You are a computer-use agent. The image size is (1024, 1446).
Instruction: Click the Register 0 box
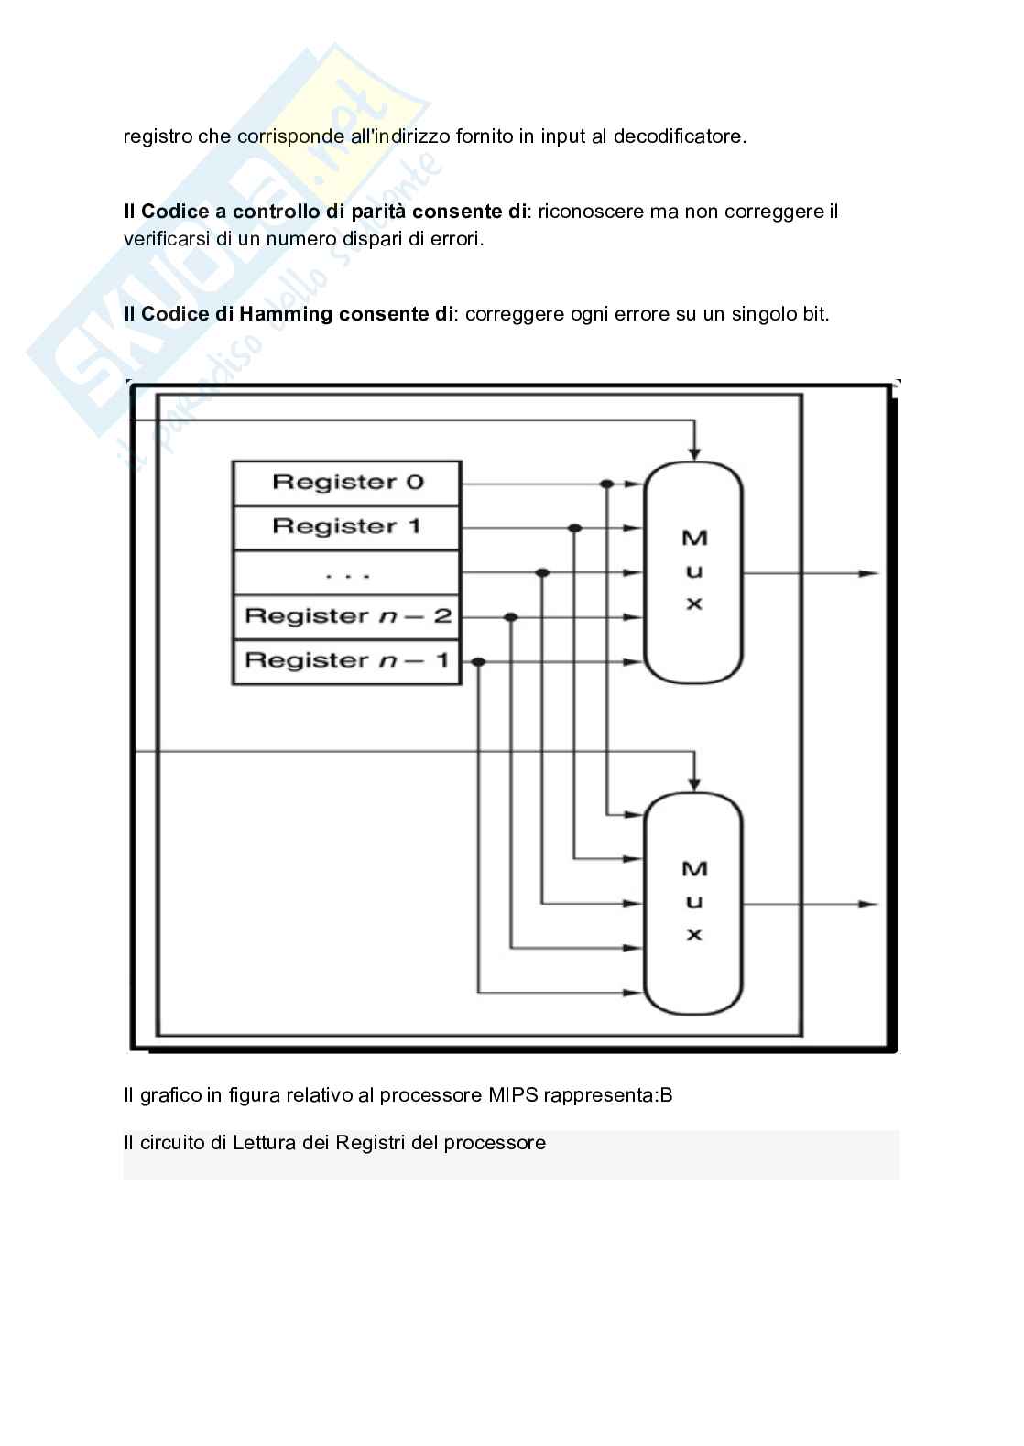click(346, 483)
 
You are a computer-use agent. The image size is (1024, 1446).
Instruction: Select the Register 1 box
click(346, 527)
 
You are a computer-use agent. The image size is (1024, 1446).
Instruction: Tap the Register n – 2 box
click(346, 616)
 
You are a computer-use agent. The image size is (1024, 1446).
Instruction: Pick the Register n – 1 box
click(346, 660)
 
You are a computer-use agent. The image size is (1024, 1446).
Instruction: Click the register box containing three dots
click(346, 572)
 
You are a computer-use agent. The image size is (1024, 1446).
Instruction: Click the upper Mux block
click(693, 571)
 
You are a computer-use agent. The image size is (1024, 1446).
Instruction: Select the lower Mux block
click(693, 902)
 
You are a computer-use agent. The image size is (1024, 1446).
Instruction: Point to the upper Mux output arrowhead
click(868, 573)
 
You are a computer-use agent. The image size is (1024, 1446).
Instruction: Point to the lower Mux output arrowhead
click(868, 904)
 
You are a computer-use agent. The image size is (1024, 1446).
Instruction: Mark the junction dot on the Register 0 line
click(606, 484)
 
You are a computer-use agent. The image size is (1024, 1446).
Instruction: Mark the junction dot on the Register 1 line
click(574, 528)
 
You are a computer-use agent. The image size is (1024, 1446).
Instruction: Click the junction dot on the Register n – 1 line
click(478, 661)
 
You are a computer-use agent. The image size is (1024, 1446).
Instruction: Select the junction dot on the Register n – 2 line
click(511, 617)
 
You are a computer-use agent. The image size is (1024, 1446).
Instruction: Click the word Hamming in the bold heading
click(286, 314)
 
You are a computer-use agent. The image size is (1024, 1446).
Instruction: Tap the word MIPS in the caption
click(513, 1095)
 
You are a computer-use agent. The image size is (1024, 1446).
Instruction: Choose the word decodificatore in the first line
click(680, 136)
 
